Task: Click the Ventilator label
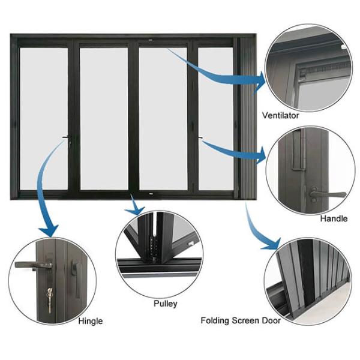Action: click(x=280, y=115)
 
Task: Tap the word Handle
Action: click(x=334, y=218)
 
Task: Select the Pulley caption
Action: click(x=166, y=304)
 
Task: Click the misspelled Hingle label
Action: click(x=91, y=321)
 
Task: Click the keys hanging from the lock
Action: click(x=49, y=301)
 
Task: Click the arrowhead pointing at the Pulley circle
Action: click(x=136, y=209)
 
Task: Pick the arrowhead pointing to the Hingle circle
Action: click(x=49, y=230)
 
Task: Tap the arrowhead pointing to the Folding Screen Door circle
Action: click(x=272, y=245)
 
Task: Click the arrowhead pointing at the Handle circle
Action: click(x=261, y=156)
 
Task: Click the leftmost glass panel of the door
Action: click(x=44, y=119)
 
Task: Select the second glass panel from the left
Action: click(x=104, y=119)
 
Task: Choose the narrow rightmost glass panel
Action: click(x=216, y=119)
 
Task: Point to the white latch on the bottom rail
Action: click(x=151, y=194)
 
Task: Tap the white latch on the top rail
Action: click(x=151, y=40)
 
